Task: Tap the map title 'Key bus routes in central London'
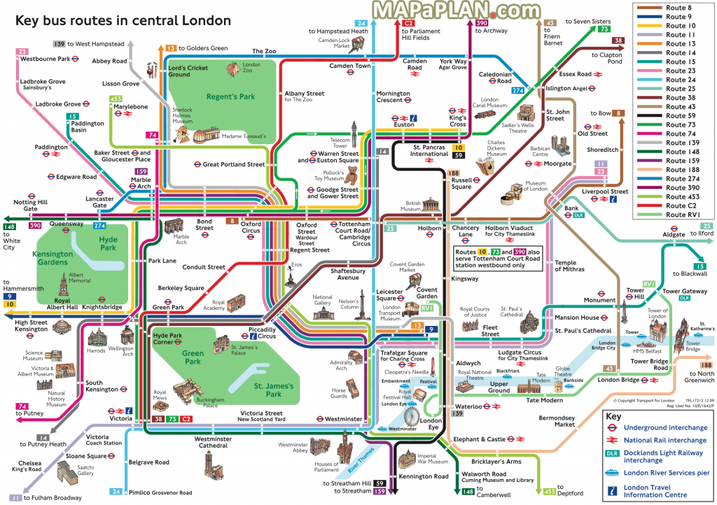click(x=123, y=20)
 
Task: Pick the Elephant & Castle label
click(x=479, y=439)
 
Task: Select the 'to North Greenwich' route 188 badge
click(x=705, y=365)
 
